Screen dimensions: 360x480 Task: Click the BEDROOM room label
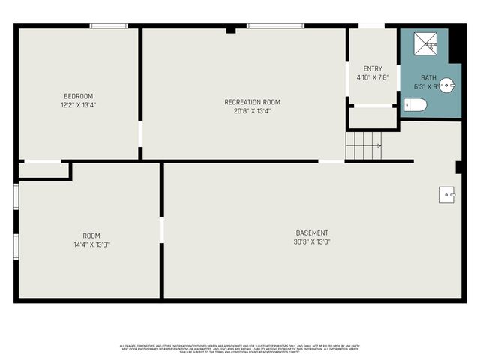tap(79, 95)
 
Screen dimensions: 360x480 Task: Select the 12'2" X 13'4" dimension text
tap(79, 104)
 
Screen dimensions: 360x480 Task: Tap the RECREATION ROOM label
tap(252, 102)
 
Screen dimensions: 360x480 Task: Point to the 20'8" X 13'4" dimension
tap(252, 111)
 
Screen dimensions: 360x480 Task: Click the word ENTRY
tap(372, 68)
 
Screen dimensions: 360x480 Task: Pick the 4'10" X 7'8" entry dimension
tap(372, 77)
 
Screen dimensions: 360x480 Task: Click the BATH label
tap(427, 77)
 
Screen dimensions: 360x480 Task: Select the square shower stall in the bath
tap(424, 44)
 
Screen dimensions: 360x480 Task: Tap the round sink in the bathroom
tap(447, 85)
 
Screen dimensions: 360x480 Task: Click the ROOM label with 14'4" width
tap(91, 235)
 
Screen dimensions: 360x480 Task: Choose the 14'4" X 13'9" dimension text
tap(91, 244)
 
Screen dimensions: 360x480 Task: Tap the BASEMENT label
tap(311, 232)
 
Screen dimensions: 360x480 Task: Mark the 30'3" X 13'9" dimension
tap(311, 241)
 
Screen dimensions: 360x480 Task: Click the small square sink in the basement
tap(447, 195)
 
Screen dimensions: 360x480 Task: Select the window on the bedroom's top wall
tap(109, 26)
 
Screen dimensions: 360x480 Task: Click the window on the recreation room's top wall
tap(270, 26)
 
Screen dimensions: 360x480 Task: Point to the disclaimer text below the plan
tap(239, 348)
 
